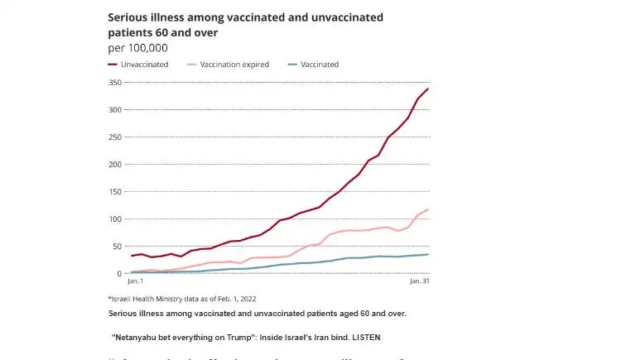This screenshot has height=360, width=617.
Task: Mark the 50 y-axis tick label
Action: (x=118, y=247)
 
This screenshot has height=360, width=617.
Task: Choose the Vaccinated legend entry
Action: (x=316, y=65)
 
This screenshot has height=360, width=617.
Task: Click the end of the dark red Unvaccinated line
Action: (x=427, y=89)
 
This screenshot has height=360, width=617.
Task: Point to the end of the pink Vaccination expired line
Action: (x=427, y=209)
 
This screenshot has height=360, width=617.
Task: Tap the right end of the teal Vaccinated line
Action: (x=427, y=254)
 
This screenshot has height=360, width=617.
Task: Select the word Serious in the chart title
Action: (x=128, y=17)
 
